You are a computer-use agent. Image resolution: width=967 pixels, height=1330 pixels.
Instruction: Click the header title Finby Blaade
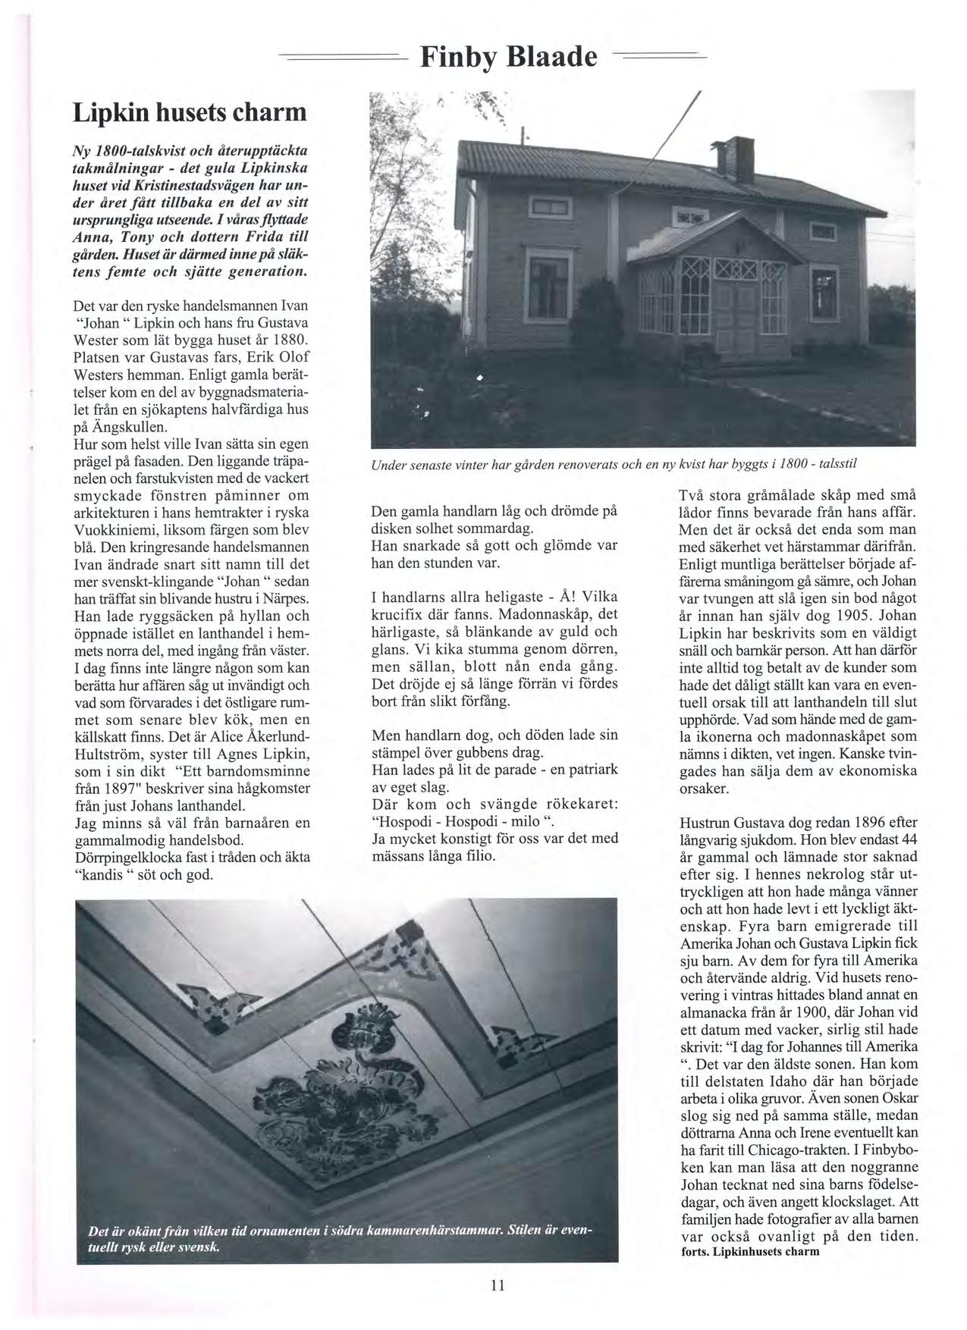[x=509, y=57]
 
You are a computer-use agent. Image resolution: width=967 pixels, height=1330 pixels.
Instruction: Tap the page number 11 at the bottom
[x=497, y=1285]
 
